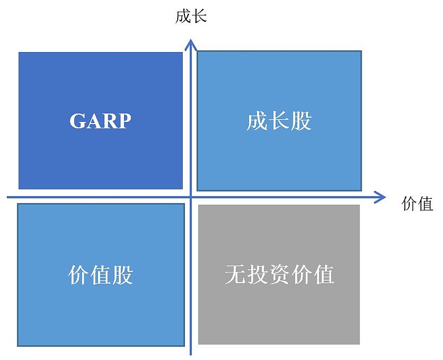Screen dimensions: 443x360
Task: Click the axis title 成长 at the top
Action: pyautogui.click(x=191, y=17)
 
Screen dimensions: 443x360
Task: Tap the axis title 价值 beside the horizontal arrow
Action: pyautogui.click(x=418, y=203)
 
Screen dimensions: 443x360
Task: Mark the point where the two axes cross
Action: pyautogui.click(x=190, y=197)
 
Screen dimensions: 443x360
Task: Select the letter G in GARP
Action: pyautogui.click(x=77, y=121)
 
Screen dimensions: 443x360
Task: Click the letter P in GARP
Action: pyautogui.click(x=125, y=121)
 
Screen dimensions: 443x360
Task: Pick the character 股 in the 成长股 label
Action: pyautogui.click(x=301, y=121)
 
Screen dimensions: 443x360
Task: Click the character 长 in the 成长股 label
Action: pyautogui.click(x=280, y=121)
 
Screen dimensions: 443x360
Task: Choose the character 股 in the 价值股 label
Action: pyautogui.click(x=122, y=275)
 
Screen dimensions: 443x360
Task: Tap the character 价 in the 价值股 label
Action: pyautogui.click(x=79, y=275)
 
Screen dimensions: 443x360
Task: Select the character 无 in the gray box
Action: pyautogui.click(x=235, y=274)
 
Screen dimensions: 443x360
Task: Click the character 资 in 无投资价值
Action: pyautogui.click(x=280, y=274)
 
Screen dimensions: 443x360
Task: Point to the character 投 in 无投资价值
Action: pyautogui.click(x=257, y=274)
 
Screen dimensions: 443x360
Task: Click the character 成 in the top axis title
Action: pyautogui.click(x=183, y=17)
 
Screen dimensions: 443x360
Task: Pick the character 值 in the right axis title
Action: pyautogui.click(x=425, y=203)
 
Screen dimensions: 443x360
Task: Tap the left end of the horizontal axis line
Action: pyautogui.click(x=8, y=197)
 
